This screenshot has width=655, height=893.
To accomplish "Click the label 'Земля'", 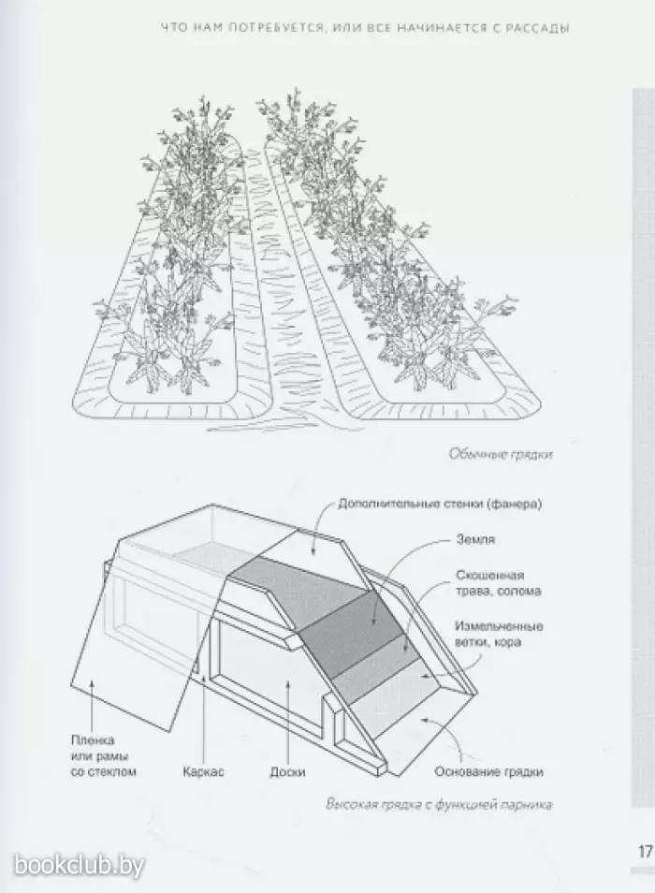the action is pyautogui.click(x=475, y=540).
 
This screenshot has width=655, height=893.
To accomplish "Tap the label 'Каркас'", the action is pyautogui.click(x=203, y=772).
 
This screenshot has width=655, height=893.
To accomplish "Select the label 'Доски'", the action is pyautogui.click(x=287, y=772).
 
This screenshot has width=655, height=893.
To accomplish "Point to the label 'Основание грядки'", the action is pyautogui.click(x=488, y=772).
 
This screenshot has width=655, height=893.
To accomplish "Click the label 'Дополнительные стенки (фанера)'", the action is pyautogui.click(x=440, y=504).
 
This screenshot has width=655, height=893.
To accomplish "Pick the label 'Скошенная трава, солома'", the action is pyautogui.click(x=498, y=583).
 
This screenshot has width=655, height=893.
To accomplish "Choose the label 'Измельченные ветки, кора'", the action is pyautogui.click(x=499, y=634).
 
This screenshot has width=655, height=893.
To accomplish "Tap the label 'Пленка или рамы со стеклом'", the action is pyautogui.click(x=104, y=756).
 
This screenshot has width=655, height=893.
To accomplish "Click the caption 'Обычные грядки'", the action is pyautogui.click(x=501, y=455).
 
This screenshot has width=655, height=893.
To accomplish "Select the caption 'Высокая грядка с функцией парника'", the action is pyautogui.click(x=438, y=805).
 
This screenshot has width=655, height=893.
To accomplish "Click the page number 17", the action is pyautogui.click(x=646, y=852).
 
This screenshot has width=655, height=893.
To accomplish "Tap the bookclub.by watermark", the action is pyautogui.click(x=80, y=866).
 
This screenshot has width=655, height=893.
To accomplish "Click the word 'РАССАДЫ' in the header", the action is pyautogui.click(x=541, y=27).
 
